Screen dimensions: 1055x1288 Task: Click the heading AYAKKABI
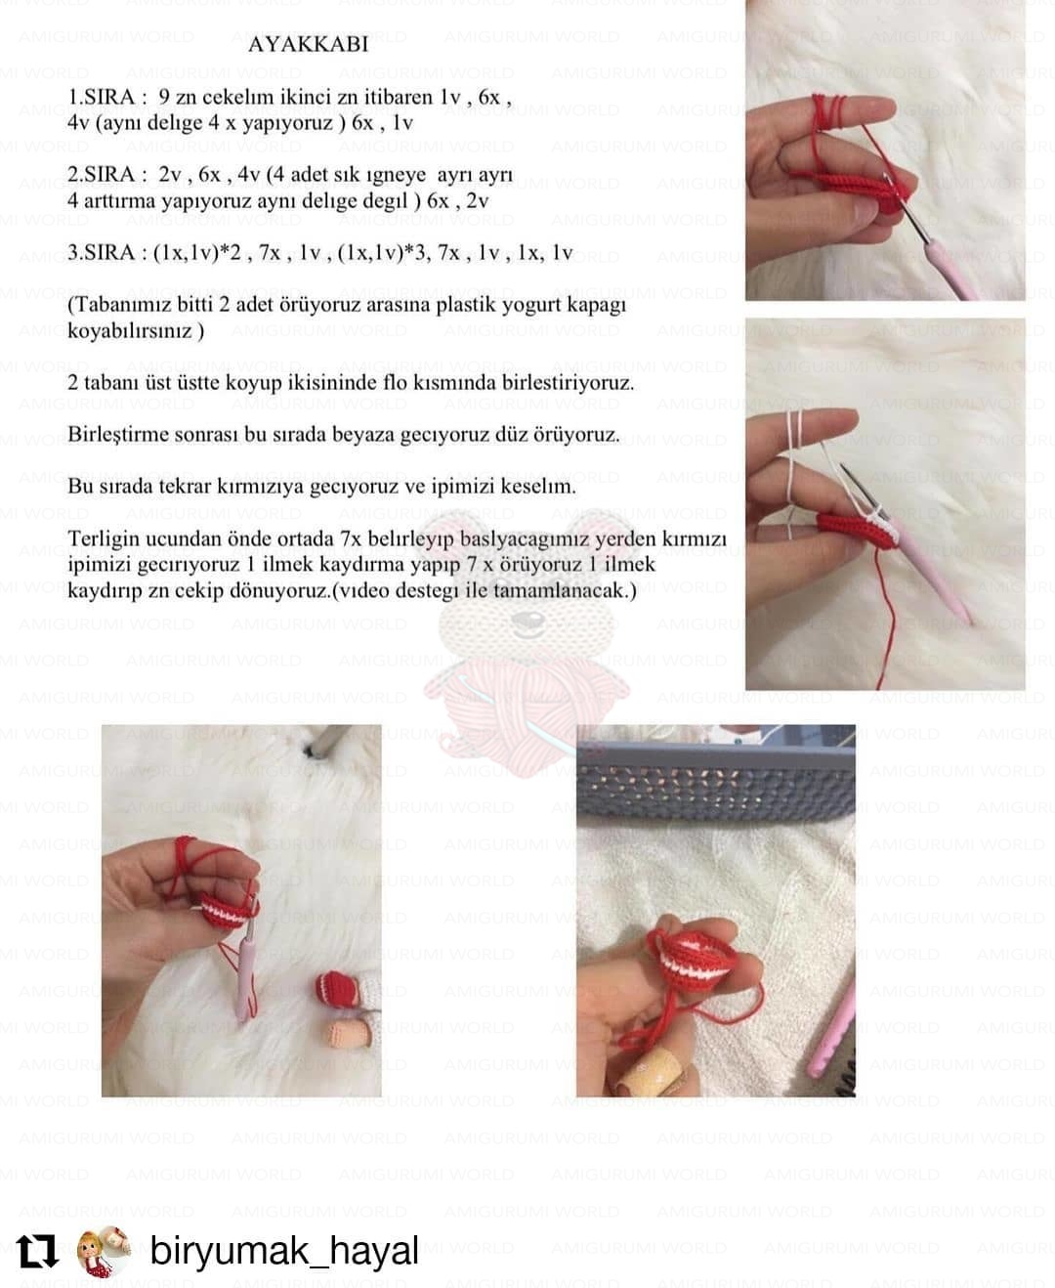[x=309, y=45]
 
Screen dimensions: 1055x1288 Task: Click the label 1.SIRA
[x=102, y=97]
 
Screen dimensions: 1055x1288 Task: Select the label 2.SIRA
[x=102, y=175]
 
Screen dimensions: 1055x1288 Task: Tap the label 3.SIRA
[x=102, y=253]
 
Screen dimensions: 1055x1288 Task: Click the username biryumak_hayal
[x=284, y=1252]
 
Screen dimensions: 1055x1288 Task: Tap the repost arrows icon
[x=37, y=1252]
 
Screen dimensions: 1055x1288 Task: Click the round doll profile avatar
[x=105, y=1251]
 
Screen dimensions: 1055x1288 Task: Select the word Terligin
[x=105, y=540]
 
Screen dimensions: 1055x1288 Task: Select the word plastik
[x=467, y=306]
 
